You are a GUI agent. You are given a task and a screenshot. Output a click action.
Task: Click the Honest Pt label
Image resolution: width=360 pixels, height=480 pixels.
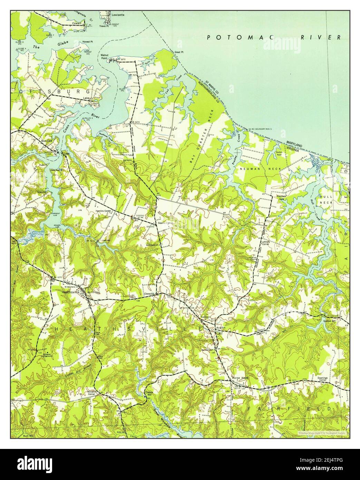coord(87,42)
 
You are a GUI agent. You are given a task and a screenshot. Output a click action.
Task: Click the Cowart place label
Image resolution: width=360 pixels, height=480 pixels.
coord(76,23)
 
